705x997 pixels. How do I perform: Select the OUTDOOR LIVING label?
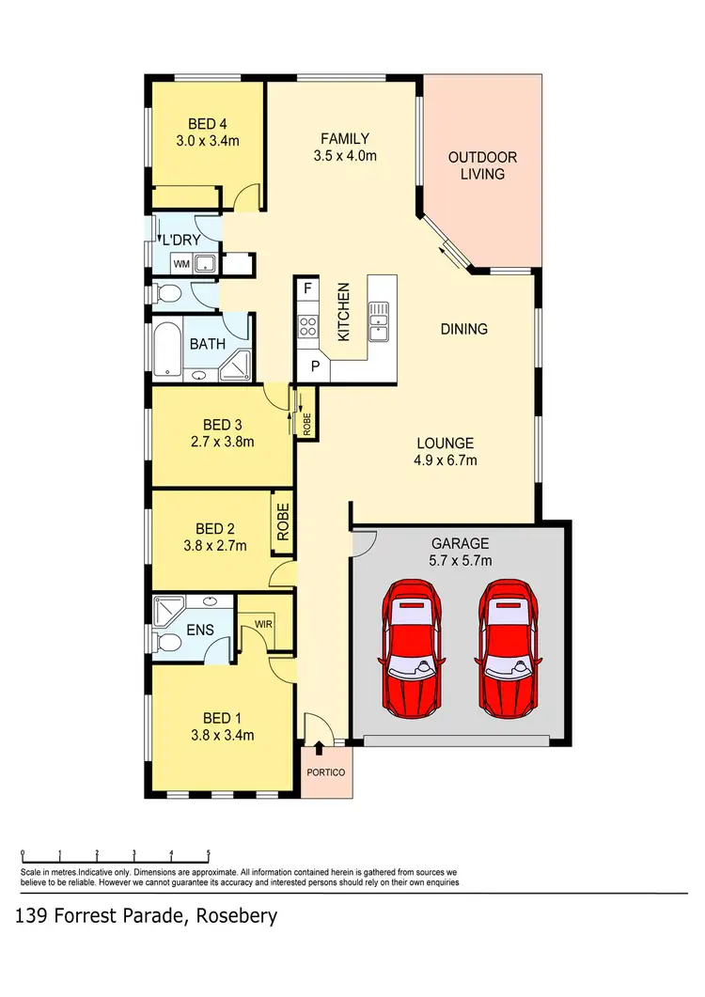pyautogui.click(x=482, y=165)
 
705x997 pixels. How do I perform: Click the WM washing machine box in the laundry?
pyautogui.click(x=182, y=265)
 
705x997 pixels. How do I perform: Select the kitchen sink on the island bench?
pyautogui.click(x=380, y=319)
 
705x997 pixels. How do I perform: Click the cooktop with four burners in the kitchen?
pyautogui.click(x=308, y=326)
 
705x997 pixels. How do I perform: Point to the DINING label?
pyautogui.click(x=464, y=329)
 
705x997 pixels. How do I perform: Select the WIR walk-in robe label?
pyautogui.click(x=262, y=622)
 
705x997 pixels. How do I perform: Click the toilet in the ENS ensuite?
pyautogui.click(x=169, y=643)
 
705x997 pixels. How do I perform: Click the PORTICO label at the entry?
pyautogui.click(x=326, y=772)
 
